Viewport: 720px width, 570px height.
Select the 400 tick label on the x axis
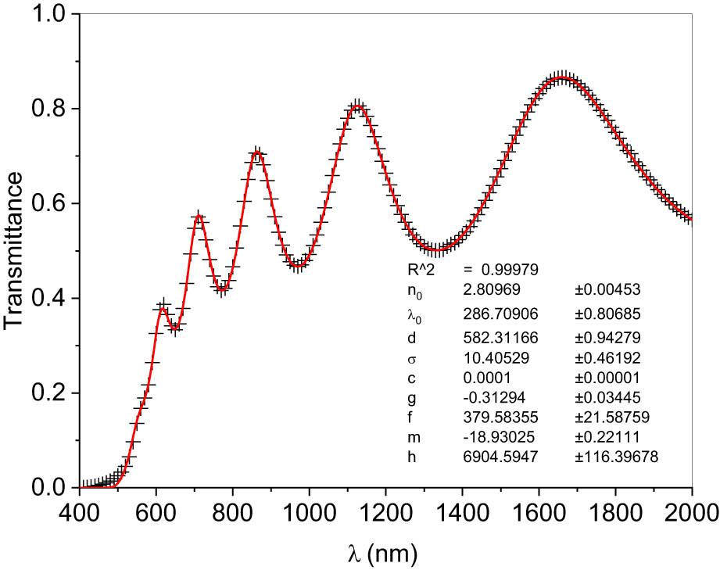(80, 511)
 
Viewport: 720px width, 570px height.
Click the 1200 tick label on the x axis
(386, 511)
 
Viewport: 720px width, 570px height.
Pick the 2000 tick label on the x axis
(691, 511)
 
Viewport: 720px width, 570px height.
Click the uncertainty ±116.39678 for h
(616, 457)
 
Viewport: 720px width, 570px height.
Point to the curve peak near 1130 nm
(357, 106)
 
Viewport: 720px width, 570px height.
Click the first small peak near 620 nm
(163, 308)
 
